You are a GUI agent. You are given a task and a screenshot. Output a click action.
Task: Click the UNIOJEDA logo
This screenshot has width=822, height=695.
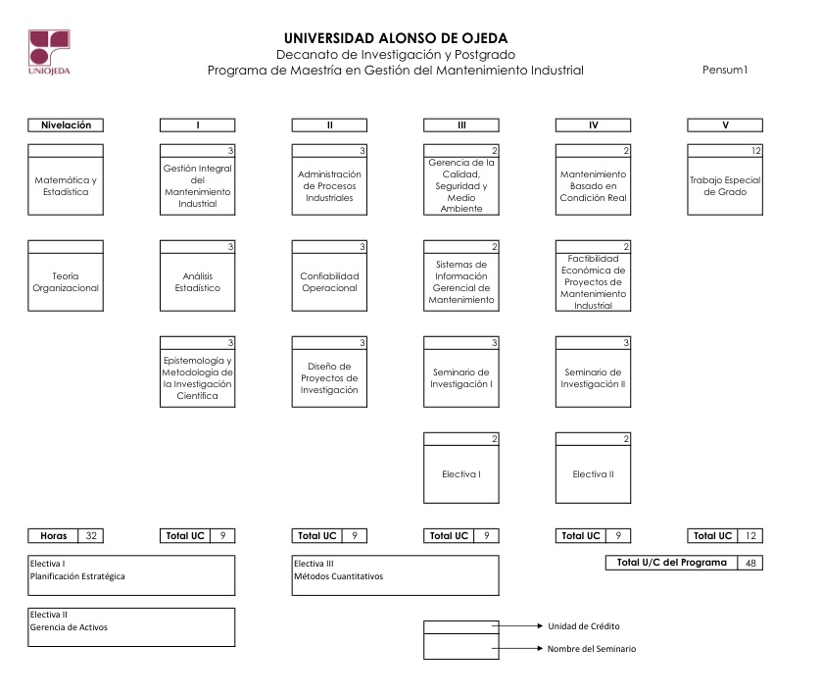(x=49, y=52)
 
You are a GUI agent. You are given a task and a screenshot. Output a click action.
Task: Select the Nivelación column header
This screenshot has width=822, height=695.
(x=66, y=124)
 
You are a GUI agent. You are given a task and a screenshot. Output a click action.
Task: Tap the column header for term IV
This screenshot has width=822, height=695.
(x=593, y=124)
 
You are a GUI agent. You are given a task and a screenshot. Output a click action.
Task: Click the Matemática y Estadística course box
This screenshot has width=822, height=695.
(x=66, y=179)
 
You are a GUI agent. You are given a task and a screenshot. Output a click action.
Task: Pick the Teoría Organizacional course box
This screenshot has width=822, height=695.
(x=66, y=275)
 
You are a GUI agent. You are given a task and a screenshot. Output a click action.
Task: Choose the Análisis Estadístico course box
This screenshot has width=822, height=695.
(x=198, y=275)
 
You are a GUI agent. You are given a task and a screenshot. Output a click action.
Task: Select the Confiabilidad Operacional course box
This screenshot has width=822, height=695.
(x=329, y=275)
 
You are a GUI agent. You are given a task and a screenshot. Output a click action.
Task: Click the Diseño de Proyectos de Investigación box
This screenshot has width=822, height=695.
(x=329, y=372)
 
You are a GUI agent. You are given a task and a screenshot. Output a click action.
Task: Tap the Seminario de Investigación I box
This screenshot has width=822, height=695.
(x=461, y=372)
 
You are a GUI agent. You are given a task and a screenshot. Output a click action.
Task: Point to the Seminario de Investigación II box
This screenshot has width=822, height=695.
(x=593, y=372)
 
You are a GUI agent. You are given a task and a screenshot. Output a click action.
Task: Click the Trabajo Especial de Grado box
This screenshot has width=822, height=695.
(x=725, y=179)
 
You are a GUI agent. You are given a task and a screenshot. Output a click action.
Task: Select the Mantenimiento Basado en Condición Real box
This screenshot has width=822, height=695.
(x=593, y=179)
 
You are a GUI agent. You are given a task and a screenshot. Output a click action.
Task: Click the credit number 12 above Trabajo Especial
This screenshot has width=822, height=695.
(x=755, y=151)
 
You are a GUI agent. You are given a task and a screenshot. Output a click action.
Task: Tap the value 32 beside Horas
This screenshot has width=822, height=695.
(x=91, y=535)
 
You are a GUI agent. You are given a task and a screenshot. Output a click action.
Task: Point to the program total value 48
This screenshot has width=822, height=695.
(x=750, y=563)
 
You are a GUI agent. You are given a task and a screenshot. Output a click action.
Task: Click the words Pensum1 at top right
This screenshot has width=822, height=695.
(x=725, y=70)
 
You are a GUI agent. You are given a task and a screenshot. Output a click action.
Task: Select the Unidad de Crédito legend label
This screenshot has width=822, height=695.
(x=584, y=625)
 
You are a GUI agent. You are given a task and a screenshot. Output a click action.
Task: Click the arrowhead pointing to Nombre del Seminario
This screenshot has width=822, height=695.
(x=540, y=648)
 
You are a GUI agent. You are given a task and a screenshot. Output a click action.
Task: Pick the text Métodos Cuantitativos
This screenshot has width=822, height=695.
(x=339, y=576)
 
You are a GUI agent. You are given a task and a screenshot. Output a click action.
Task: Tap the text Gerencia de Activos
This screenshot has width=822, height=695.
(x=69, y=626)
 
